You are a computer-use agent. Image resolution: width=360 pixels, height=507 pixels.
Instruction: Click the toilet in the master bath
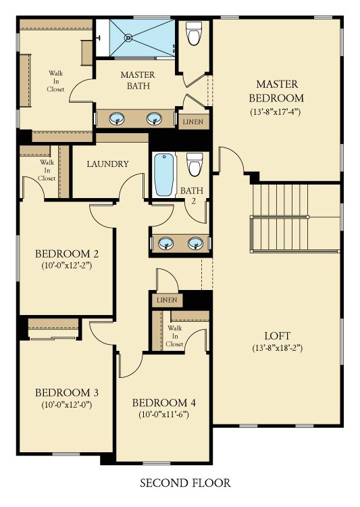tap(195, 33)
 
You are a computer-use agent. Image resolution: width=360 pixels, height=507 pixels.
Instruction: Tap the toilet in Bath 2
tap(195, 164)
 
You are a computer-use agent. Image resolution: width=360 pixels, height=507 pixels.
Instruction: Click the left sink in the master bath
tap(118, 119)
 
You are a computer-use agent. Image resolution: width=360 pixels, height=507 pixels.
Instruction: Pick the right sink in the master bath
tap(155, 119)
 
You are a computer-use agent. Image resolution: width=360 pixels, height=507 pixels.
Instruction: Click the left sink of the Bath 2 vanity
tap(163, 243)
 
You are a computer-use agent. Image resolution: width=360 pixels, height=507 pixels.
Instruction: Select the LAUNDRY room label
tap(108, 164)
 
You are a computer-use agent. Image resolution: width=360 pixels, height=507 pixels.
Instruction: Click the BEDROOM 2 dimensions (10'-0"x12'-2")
tap(67, 266)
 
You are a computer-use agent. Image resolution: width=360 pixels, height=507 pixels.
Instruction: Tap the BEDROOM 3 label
tap(67, 392)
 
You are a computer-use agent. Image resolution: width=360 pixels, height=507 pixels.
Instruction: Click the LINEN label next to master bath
tap(195, 122)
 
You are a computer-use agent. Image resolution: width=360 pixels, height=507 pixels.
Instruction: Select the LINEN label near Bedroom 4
tap(166, 299)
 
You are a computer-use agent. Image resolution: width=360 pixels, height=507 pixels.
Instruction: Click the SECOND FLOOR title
tap(185, 483)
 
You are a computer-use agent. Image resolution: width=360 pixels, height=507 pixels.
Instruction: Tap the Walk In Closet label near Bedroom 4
tap(175, 336)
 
